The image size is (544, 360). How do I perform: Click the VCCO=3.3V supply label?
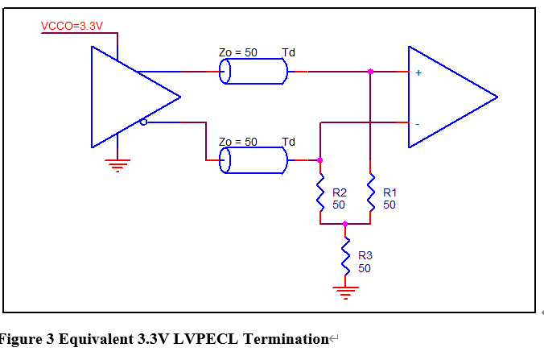pos(72,27)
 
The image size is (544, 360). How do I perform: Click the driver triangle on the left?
pos(129,97)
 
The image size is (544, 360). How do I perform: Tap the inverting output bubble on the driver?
pos(143,122)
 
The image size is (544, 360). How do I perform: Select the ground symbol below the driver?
pos(118,166)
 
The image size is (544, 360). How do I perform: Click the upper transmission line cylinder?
pos(254,72)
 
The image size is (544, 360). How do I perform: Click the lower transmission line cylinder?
pos(254,161)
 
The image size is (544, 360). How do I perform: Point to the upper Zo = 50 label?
pos(238,52)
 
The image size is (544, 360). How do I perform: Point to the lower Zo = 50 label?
pos(238,142)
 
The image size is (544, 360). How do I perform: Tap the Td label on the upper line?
pos(288,52)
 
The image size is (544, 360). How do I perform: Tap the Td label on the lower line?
pos(288,142)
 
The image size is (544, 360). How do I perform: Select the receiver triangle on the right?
pos(447,97)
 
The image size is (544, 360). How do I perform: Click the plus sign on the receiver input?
pos(418,73)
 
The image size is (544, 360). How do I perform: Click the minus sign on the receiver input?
pos(418,124)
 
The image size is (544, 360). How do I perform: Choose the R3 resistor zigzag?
pos(346,254)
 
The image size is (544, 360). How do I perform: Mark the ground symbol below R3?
pos(346,291)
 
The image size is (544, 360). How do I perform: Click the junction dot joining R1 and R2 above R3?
pos(346,224)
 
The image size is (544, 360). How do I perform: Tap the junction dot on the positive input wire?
pos(370,72)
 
